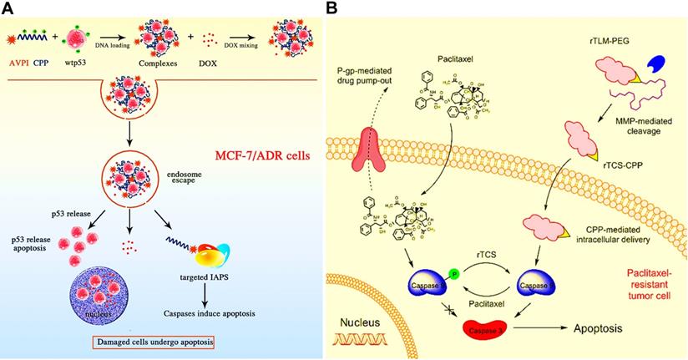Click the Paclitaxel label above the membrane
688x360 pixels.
click(x=455, y=83)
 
